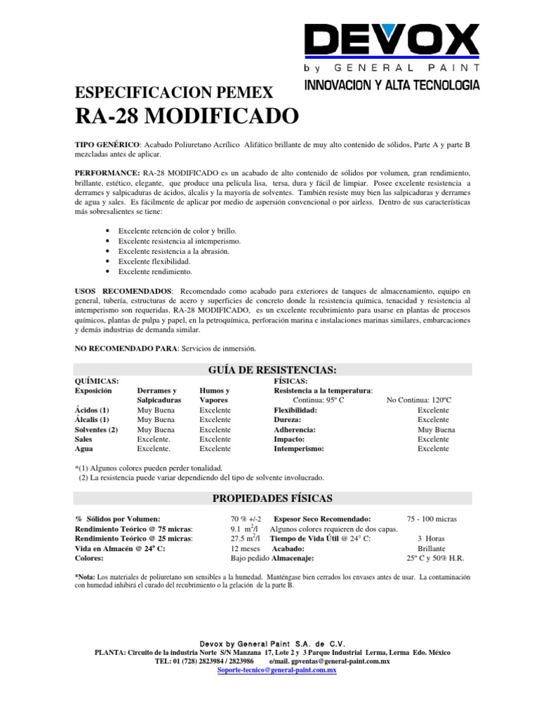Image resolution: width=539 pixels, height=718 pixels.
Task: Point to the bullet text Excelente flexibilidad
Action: point(154,260)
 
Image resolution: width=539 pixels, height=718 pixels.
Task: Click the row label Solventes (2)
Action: point(96,429)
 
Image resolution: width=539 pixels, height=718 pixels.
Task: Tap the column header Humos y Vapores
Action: point(215,395)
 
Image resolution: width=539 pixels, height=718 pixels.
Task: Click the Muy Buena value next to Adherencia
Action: point(433,429)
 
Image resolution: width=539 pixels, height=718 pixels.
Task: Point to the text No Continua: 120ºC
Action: point(419,400)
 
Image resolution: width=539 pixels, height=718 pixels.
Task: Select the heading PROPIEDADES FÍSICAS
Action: point(272,498)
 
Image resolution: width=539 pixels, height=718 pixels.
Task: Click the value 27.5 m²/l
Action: point(246,538)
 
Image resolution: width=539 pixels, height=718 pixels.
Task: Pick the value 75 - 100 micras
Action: point(432,518)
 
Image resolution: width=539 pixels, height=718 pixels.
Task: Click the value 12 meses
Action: point(245,548)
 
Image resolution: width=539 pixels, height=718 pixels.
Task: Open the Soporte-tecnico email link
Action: point(278,670)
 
